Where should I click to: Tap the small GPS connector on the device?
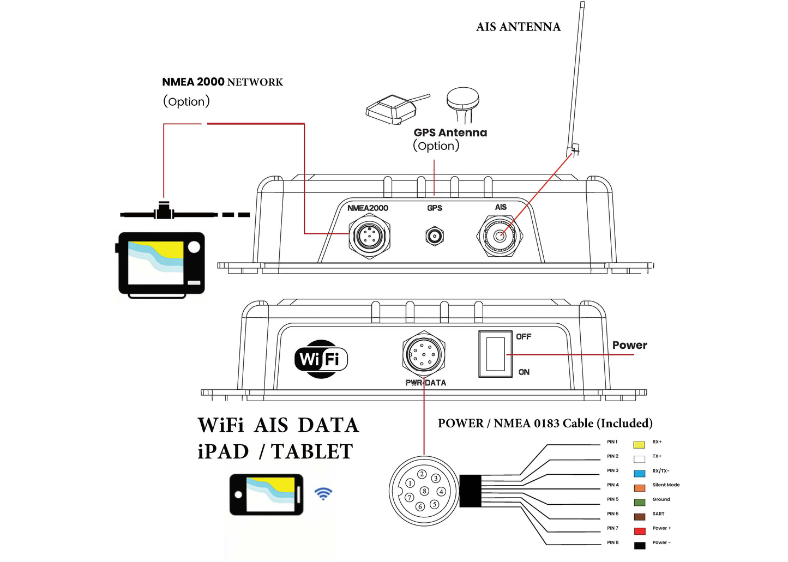[x=435, y=237]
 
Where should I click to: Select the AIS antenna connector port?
[x=500, y=237]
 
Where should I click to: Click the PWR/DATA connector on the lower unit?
[x=424, y=354]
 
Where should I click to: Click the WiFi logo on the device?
[x=321, y=359]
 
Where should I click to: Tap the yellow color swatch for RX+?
[x=639, y=445]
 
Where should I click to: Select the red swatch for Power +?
[x=640, y=531]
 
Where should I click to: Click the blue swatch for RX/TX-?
[x=639, y=474]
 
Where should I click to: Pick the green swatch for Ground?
[x=640, y=502]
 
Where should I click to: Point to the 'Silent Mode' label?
[x=666, y=485]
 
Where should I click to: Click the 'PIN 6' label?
[x=613, y=513]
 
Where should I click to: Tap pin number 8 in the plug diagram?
[x=424, y=491]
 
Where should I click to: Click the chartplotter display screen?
[x=156, y=263]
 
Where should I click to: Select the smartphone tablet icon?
[x=266, y=494]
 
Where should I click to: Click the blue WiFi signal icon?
[x=323, y=494]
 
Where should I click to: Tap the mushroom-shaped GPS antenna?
[x=463, y=101]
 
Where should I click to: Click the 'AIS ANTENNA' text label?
[x=518, y=27]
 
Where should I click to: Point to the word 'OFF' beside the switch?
[x=524, y=337]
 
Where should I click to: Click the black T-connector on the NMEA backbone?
[x=163, y=211]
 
